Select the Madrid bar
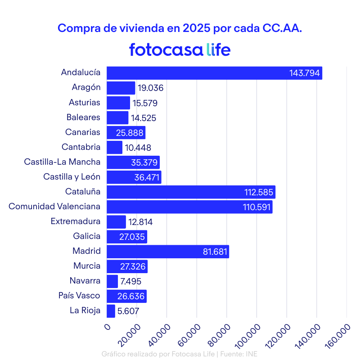pos(167,252)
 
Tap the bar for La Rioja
pos(111,311)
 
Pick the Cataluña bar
pos(191,192)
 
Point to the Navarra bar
pos(112,281)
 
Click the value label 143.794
pos(305,73)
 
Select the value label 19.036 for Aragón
pos(150,88)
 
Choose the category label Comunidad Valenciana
pos(54,207)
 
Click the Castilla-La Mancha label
pos(62,162)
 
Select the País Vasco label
pos(79,296)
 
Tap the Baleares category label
pos(83,117)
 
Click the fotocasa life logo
pos(180,49)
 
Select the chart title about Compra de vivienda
pos(180,28)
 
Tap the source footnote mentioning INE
pos(180,354)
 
